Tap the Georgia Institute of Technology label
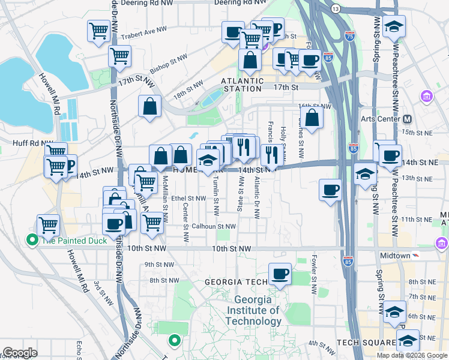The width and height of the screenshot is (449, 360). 256,310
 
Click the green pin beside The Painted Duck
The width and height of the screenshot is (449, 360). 32,241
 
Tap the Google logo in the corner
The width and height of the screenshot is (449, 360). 20,353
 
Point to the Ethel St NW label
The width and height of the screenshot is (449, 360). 188,198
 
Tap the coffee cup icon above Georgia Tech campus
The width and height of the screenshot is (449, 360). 279,274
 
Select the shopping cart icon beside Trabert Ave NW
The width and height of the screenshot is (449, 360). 98,31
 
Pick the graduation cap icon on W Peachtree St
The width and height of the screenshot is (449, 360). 394,26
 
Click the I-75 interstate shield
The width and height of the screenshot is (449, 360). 350,36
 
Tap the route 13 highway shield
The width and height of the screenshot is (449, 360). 336,8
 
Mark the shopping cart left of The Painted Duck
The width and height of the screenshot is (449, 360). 48,226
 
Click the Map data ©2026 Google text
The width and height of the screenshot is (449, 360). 412,355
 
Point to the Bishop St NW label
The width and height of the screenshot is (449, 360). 169,66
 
